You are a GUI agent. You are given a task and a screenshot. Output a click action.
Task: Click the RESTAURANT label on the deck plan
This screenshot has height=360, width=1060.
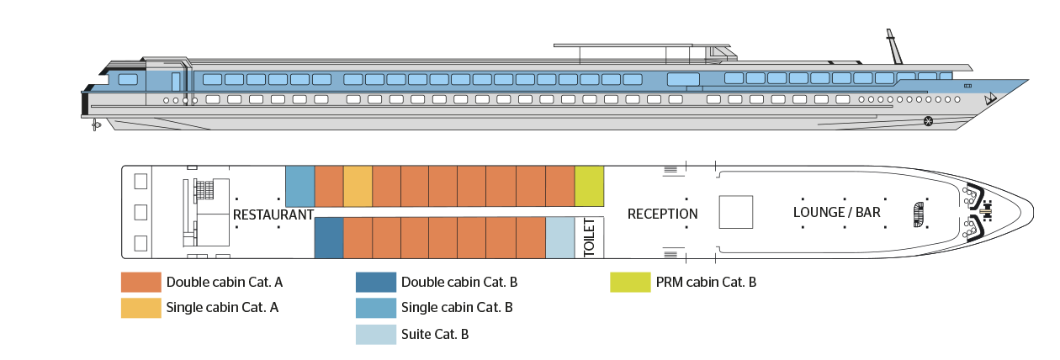[x=273, y=214]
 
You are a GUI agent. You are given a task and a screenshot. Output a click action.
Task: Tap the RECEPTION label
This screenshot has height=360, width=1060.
[x=663, y=214]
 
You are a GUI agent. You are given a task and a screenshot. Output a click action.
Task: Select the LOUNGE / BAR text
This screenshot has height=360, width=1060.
[x=837, y=212]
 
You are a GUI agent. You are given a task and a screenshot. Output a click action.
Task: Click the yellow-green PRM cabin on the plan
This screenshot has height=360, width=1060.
[x=589, y=186]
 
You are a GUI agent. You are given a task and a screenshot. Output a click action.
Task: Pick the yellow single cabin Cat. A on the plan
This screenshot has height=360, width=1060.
[x=358, y=186]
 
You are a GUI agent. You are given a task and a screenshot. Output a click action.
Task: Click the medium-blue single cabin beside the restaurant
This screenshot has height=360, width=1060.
[x=300, y=186]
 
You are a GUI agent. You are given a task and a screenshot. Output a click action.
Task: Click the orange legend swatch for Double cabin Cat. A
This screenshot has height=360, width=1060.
[x=140, y=283]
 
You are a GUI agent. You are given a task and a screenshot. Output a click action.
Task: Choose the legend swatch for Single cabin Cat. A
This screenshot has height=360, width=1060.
[x=140, y=308]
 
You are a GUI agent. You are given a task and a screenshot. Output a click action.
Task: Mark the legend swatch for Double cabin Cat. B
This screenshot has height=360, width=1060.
[x=375, y=283]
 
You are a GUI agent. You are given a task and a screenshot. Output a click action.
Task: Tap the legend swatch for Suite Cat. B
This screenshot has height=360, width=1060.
[x=375, y=334]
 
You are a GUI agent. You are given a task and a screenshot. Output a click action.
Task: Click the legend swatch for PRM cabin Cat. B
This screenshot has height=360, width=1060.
[x=630, y=283]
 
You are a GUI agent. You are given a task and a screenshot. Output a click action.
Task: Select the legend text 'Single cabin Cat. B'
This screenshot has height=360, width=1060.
[x=458, y=308]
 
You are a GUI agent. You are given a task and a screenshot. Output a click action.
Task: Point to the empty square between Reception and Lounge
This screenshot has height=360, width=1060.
[x=735, y=211]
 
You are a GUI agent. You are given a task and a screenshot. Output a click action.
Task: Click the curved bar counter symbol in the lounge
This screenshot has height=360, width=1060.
[x=918, y=214]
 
